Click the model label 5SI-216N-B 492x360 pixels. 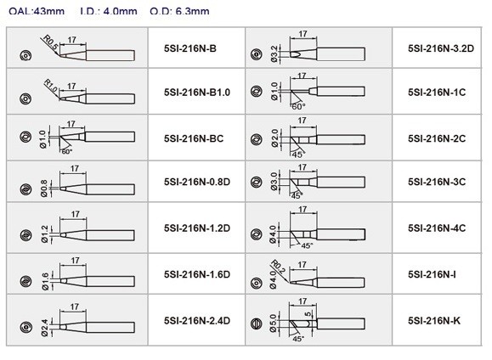(190, 48)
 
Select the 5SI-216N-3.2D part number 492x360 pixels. (441, 48)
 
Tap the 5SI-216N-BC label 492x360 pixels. (194, 138)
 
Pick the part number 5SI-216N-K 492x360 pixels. (434, 321)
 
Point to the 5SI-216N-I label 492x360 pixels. (432, 274)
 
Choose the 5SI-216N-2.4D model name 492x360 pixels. (197, 321)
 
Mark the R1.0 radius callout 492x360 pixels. (50, 87)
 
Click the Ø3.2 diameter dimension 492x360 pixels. (274, 53)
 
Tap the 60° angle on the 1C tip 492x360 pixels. (298, 107)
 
